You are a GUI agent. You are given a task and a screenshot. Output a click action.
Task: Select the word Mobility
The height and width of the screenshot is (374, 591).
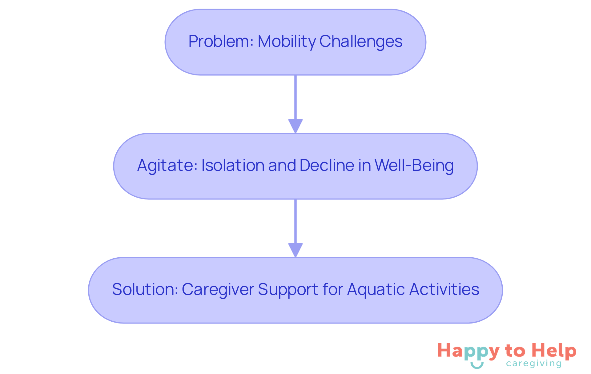tap(287, 41)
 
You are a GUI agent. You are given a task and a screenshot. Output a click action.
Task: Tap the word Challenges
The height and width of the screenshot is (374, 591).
tap(361, 41)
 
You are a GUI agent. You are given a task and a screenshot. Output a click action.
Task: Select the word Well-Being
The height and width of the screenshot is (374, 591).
tap(414, 165)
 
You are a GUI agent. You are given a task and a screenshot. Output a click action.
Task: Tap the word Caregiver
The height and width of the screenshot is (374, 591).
tap(218, 290)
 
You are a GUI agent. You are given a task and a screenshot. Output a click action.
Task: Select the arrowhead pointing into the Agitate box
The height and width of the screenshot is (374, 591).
tap(295, 126)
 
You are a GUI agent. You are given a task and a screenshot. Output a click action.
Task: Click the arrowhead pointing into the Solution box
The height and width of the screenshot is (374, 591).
tap(295, 250)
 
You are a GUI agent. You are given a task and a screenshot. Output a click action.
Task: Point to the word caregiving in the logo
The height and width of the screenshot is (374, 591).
tap(534, 364)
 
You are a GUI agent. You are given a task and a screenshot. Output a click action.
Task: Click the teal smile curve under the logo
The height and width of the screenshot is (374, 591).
tap(477, 365)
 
